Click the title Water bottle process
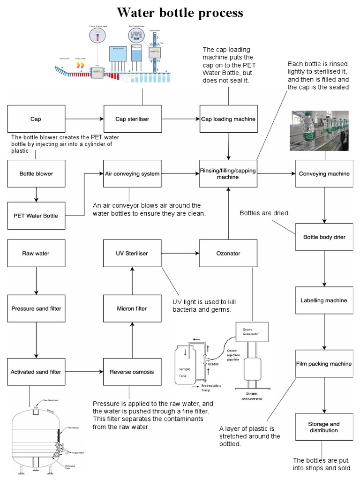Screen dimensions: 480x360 pos(180,12)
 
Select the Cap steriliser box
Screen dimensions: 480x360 pos(132,119)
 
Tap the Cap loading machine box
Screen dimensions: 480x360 pos(228,119)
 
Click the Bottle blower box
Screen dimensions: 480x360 pos(37,174)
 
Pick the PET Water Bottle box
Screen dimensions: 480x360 pos(37,216)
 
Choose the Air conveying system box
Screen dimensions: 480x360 pos(132,174)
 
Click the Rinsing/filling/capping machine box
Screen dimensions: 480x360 pos(228,174)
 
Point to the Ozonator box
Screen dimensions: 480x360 pos(228,254)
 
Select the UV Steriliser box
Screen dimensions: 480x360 pos(132,254)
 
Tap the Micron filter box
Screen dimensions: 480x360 pos(132,309)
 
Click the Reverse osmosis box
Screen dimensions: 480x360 pos(132,372)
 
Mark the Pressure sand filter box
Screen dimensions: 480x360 pos(37,309)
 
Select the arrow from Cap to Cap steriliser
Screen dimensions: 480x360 pos(84,119)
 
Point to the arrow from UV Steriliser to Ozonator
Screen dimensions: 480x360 pos(180,254)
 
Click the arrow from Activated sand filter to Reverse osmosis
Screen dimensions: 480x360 pos(84,372)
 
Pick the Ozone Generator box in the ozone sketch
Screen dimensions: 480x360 pos(253,331)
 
